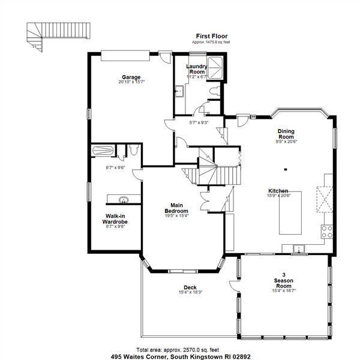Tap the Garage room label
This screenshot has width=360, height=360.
pyautogui.click(x=131, y=77)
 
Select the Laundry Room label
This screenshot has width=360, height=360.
pyautogui.click(x=196, y=69)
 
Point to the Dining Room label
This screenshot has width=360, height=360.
pyautogui.click(x=286, y=134)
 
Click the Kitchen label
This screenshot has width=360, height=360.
pyautogui.click(x=278, y=190)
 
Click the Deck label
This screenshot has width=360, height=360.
pyautogui.click(x=190, y=287)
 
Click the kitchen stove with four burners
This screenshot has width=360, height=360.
pyautogui.click(x=328, y=231)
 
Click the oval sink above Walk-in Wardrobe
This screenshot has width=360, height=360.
pyautogui.click(x=124, y=200)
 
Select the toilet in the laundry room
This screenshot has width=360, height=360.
pyautogui.click(x=215, y=91)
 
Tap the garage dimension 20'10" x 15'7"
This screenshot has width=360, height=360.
pyautogui.click(x=131, y=82)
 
